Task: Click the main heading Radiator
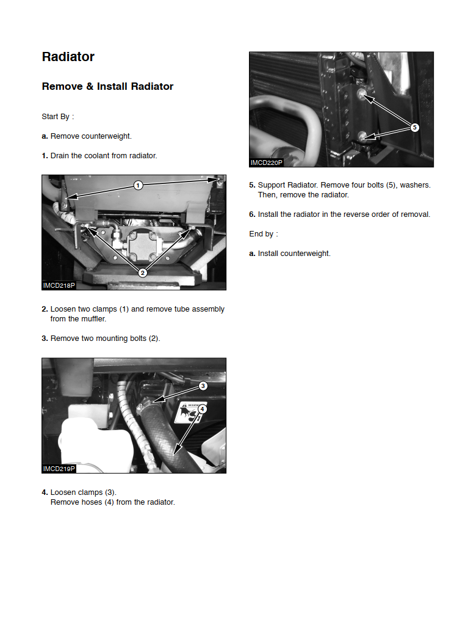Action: tap(68, 57)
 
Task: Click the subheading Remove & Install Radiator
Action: tap(108, 87)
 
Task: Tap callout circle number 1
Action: tap(138, 185)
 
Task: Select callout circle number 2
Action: tap(143, 273)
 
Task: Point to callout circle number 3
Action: tap(203, 386)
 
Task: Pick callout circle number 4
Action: tap(202, 409)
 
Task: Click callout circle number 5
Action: tap(414, 127)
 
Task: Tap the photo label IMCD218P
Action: tap(59, 285)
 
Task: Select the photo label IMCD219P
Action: tap(59, 469)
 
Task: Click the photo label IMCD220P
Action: tap(266, 163)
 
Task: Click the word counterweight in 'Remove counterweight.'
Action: tap(106, 136)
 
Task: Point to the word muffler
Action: tap(93, 319)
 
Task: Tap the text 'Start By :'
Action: tap(58, 117)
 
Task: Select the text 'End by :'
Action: tap(264, 234)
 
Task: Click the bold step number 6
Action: tap(252, 214)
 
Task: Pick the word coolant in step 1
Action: tap(95, 156)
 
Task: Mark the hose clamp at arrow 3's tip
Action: tap(145, 406)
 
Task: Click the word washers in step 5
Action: tap(416, 185)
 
